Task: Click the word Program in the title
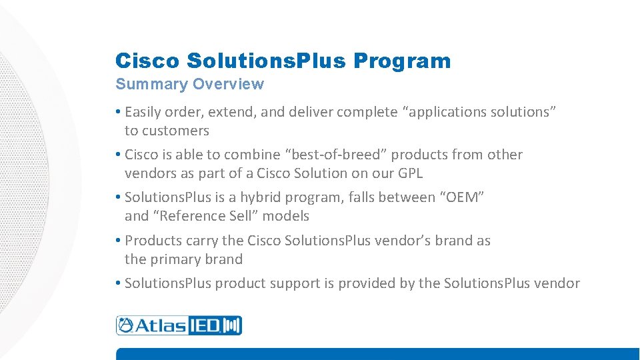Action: [402, 61]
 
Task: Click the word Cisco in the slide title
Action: [147, 61]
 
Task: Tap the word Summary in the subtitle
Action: [152, 85]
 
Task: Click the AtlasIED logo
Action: [179, 325]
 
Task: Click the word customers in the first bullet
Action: [175, 131]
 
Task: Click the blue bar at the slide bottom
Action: [377, 354]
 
